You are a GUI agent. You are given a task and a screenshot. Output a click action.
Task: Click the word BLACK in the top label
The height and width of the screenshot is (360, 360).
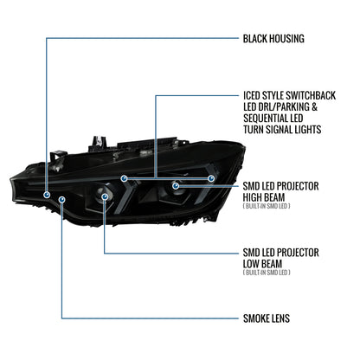pyautogui.click(x=255, y=39)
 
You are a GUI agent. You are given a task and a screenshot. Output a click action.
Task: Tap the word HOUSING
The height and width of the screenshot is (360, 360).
pyautogui.click(x=286, y=39)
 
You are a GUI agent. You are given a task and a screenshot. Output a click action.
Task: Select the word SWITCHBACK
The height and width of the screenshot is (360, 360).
pyautogui.click(x=311, y=95)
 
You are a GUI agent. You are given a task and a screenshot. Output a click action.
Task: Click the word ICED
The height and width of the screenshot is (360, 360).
pyautogui.click(x=252, y=95)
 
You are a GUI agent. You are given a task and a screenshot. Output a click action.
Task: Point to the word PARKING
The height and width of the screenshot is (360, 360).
pyautogui.click(x=292, y=106)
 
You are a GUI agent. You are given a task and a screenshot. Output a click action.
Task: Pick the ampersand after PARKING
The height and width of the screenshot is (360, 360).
pyautogui.click(x=314, y=106)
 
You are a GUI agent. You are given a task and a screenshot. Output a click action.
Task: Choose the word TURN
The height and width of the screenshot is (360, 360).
pyautogui.click(x=254, y=130)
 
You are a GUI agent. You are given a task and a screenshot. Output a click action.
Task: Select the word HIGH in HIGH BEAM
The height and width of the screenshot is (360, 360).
pyautogui.click(x=253, y=197)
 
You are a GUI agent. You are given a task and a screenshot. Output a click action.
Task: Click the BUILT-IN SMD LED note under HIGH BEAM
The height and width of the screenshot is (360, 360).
pyautogui.click(x=267, y=206)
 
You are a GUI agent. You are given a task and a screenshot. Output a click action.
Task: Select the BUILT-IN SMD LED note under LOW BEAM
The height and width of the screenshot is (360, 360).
pyautogui.click(x=267, y=273)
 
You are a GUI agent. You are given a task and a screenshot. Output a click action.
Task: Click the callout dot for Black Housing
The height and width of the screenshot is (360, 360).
pyautogui.click(x=47, y=195)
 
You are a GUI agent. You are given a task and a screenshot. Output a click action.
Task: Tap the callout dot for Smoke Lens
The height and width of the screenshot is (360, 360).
pyautogui.click(x=62, y=199)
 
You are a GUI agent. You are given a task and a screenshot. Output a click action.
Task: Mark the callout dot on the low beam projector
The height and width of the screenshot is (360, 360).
pyautogui.click(x=105, y=196)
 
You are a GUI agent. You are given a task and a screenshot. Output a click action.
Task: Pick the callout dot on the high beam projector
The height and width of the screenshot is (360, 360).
pyautogui.click(x=176, y=186)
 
